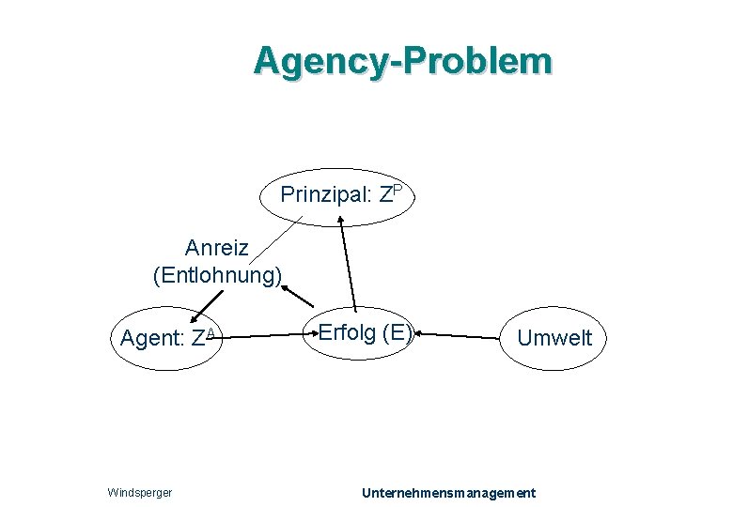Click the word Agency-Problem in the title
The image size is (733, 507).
tap(402, 61)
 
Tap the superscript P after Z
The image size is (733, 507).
tap(398, 190)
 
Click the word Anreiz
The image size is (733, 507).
tap(216, 249)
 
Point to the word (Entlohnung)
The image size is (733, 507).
tap(217, 275)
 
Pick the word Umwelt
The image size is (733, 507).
tap(555, 338)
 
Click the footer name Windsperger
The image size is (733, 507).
tap(140, 493)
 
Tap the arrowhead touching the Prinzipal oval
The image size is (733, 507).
tap(341, 223)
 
